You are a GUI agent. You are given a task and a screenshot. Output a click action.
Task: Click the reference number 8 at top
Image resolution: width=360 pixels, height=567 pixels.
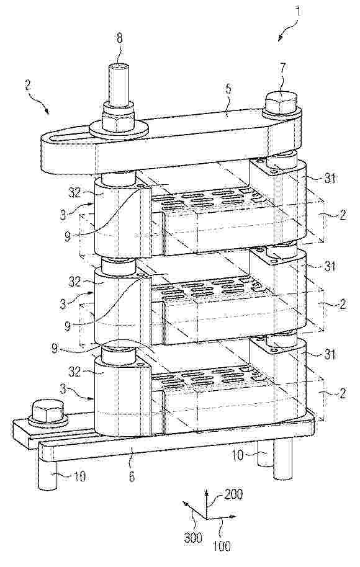pyautogui.click(x=119, y=38)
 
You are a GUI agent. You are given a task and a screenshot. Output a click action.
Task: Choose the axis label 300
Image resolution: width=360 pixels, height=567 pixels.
pyautogui.click(x=193, y=538)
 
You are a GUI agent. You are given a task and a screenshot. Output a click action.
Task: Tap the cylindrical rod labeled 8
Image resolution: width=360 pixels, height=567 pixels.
pyautogui.click(x=119, y=83)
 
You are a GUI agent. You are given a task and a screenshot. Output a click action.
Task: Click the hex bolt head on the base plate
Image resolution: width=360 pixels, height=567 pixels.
pyautogui.click(x=48, y=411)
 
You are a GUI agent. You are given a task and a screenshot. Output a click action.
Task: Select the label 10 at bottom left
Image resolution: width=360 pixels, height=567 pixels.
pyautogui.click(x=79, y=476)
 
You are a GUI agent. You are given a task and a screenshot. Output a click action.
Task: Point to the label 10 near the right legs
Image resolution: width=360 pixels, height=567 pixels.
pyautogui.click(x=238, y=455)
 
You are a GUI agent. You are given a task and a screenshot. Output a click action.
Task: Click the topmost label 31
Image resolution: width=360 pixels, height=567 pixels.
pyautogui.click(x=329, y=178)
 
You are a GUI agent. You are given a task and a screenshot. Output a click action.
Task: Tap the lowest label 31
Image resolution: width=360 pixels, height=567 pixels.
pyautogui.click(x=329, y=354)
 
